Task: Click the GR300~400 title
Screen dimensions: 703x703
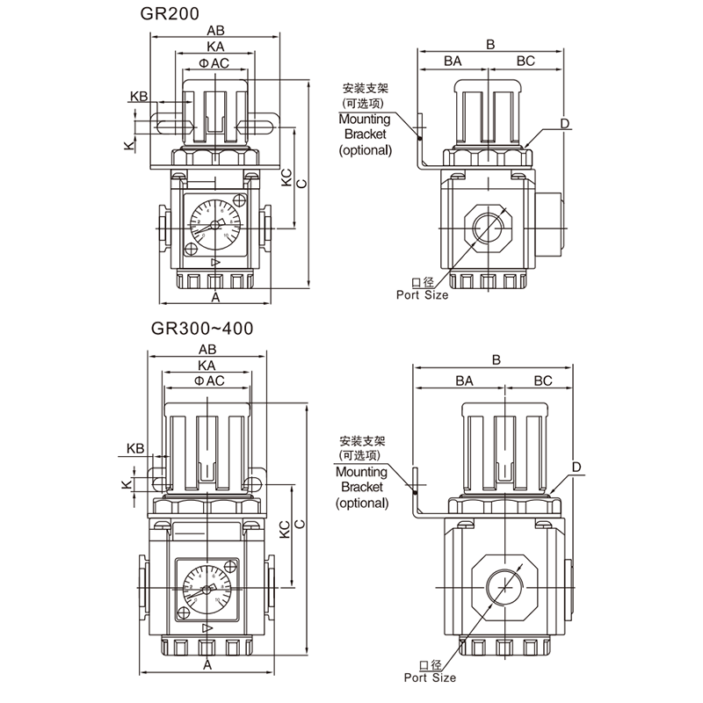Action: tap(203, 330)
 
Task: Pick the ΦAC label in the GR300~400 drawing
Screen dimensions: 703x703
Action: tap(208, 380)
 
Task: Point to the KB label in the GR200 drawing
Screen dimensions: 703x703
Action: tap(138, 96)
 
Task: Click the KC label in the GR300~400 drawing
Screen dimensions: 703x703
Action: tap(285, 529)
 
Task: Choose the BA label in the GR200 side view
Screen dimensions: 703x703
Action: tap(453, 61)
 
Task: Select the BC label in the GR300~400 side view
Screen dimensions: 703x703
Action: tap(542, 380)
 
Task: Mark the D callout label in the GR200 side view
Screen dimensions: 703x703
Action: tap(566, 123)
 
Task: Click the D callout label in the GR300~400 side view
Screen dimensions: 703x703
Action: tap(576, 466)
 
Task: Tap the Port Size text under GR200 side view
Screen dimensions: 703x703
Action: tap(422, 295)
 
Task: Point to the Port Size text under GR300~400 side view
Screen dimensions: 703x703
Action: tap(430, 678)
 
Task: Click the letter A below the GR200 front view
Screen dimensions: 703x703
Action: tap(214, 299)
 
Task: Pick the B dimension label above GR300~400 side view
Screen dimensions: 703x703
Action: tap(496, 359)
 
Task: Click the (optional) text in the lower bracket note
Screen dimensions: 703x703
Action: tap(362, 503)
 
